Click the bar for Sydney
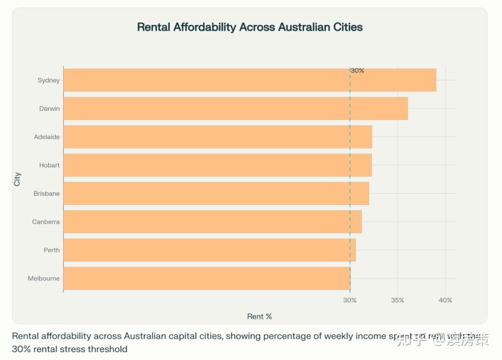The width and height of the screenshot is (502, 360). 250,80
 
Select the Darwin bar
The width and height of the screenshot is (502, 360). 235,108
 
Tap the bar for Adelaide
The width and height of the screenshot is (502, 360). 218,137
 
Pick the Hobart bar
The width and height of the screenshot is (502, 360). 217,165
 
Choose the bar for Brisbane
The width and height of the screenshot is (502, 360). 216,193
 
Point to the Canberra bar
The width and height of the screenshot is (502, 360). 212,222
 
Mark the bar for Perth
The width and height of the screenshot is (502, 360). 209,250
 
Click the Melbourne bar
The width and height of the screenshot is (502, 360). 206,278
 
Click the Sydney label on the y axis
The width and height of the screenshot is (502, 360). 49,80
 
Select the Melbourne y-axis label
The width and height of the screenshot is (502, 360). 44,279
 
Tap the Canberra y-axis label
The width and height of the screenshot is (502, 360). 46,222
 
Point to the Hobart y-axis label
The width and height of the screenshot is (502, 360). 49,165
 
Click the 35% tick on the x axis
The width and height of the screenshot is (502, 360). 397,300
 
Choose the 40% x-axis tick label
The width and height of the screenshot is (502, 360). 445,300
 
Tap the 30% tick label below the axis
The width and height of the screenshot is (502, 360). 350,300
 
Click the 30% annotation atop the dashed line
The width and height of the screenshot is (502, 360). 357,71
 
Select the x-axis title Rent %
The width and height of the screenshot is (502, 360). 259,316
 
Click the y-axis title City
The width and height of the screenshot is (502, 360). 17,179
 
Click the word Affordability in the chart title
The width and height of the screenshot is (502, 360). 205,27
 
